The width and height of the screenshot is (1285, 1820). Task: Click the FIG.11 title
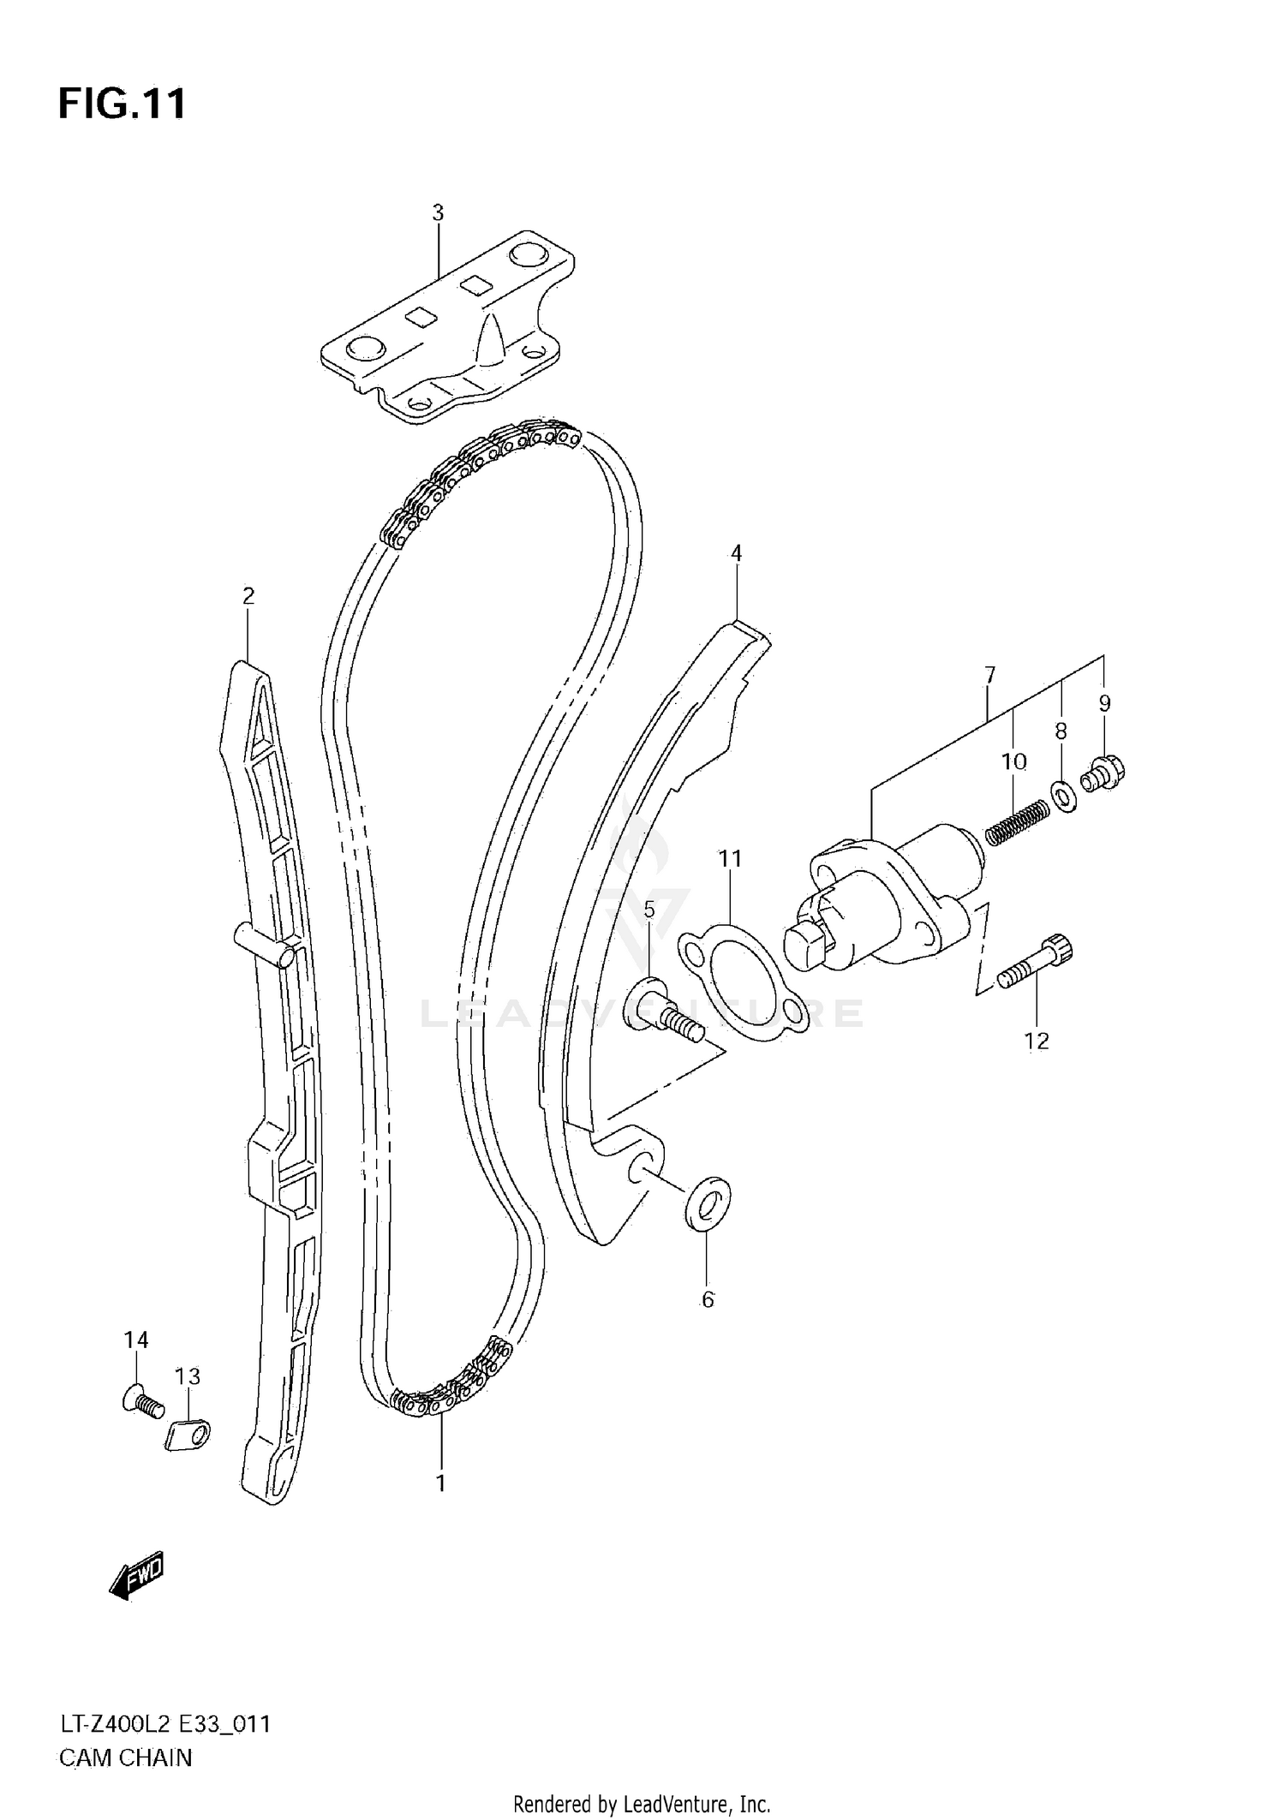click(122, 104)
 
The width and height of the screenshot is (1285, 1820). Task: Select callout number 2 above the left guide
click(248, 595)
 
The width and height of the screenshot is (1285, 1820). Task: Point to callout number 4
click(736, 553)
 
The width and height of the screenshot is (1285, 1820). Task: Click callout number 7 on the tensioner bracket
click(990, 676)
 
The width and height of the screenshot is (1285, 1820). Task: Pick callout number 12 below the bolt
click(1037, 1041)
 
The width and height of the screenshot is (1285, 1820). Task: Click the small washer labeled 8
click(1061, 797)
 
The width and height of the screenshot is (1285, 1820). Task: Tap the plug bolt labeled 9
click(1103, 773)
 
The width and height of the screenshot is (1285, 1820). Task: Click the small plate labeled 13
click(188, 1435)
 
